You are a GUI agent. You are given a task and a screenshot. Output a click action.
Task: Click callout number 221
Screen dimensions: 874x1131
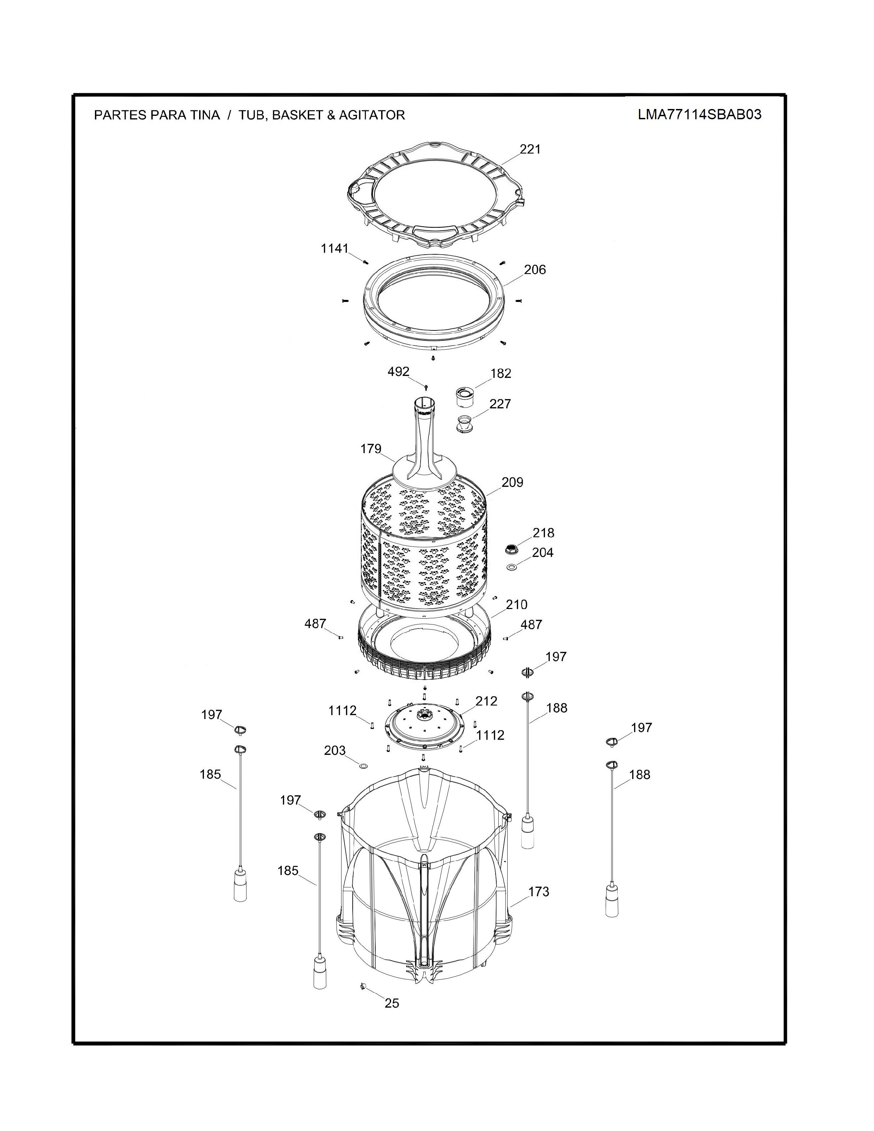530,149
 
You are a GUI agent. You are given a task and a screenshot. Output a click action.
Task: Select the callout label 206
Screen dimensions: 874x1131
535,269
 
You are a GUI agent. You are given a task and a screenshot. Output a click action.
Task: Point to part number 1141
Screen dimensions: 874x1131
335,248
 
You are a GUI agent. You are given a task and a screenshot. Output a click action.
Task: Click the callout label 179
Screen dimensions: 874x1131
371,449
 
